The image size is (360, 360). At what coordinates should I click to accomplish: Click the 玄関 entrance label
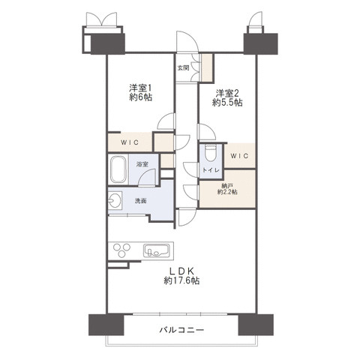pyautogui.click(x=183, y=67)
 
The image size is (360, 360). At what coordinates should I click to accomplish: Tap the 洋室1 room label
pyautogui.click(x=140, y=88)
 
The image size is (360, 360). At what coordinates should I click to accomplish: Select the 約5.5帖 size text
pyautogui.click(x=227, y=103)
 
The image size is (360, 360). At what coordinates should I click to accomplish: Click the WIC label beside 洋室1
pyautogui.click(x=130, y=142)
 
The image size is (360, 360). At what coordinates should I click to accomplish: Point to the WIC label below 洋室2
pyautogui.click(x=239, y=156)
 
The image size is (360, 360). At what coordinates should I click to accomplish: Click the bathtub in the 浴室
pyautogui.click(x=118, y=169)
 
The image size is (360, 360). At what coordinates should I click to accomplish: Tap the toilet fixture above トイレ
pyautogui.click(x=211, y=152)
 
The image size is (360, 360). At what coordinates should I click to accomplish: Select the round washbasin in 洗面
pyautogui.click(x=115, y=200)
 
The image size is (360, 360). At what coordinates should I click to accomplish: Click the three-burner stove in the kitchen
pyautogui.click(x=121, y=250)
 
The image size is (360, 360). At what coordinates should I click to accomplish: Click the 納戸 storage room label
pyautogui.click(x=227, y=186)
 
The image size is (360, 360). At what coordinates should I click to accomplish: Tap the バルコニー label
pyautogui.click(x=181, y=330)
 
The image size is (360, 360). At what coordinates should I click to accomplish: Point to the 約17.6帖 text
pyautogui.click(x=181, y=281)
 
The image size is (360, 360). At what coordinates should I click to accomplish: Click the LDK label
pyautogui.click(x=181, y=271)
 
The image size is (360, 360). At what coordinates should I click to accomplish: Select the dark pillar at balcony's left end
pyautogui.click(x=106, y=325)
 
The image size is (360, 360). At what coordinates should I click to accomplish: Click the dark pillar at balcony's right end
pyautogui.click(x=256, y=325)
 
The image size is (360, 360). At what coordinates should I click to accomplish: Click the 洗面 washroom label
pyautogui.click(x=141, y=201)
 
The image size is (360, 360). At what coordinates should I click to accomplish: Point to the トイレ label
pyautogui.click(x=211, y=170)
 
